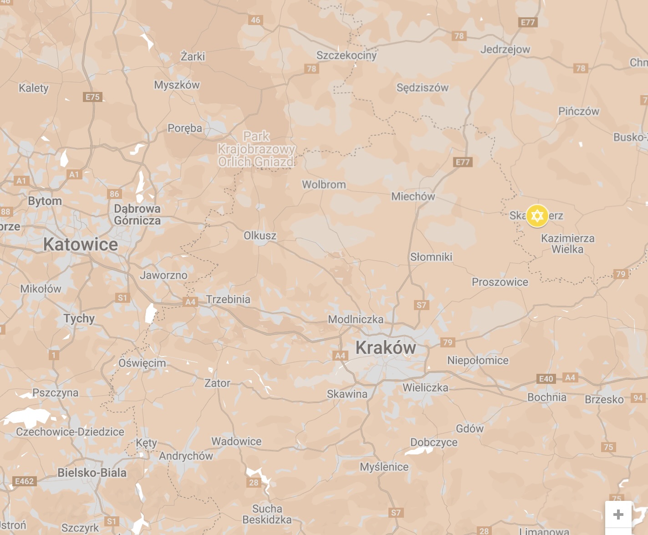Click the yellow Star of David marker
(x=537, y=215)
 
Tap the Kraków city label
(x=386, y=348)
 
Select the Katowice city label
(x=81, y=245)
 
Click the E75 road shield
(x=92, y=97)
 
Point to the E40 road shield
(x=546, y=379)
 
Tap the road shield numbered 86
(x=114, y=194)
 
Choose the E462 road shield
(x=24, y=481)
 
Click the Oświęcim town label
(x=142, y=363)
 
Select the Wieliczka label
(x=425, y=387)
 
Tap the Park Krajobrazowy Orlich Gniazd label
(x=256, y=149)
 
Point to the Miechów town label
(x=413, y=196)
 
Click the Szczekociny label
(x=347, y=56)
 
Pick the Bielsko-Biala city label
(x=92, y=473)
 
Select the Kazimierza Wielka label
(x=567, y=244)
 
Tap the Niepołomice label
(x=478, y=361)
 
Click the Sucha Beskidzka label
(x=267, y=514)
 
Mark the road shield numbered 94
(x=638, y=398)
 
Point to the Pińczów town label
(x=579, y=111)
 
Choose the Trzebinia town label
(x=228, y=299)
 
